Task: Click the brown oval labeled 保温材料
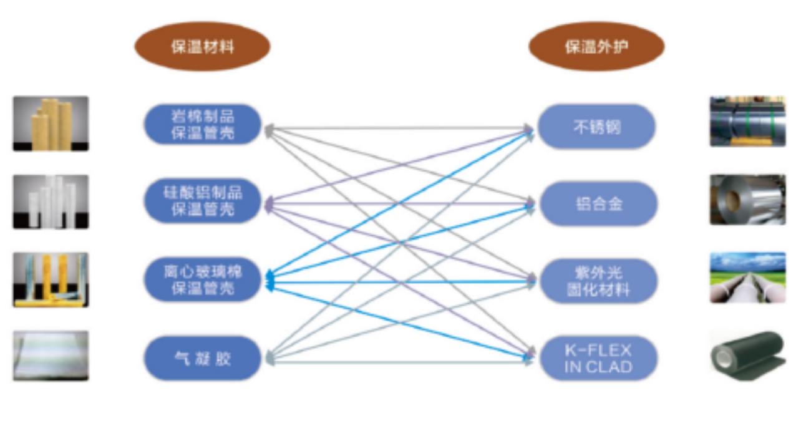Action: point(202,47)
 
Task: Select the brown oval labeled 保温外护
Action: point(596,47)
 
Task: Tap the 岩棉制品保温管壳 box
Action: point(202,125)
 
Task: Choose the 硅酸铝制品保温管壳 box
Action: point(202,201)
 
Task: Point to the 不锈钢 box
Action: point(596,127)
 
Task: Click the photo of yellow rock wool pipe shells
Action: point(51,123)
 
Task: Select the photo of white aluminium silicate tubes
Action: point(51,201)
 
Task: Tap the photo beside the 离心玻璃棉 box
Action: point(51,279)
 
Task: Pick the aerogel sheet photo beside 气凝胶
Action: point(51,356)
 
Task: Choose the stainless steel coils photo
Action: point(747,121)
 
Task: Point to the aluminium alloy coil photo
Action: point(747,200)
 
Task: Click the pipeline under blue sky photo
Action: point(747,278)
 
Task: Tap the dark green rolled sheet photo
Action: point(747,355)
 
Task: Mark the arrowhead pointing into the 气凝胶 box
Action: point(268,357)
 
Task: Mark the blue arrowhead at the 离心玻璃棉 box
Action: point(269,282)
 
